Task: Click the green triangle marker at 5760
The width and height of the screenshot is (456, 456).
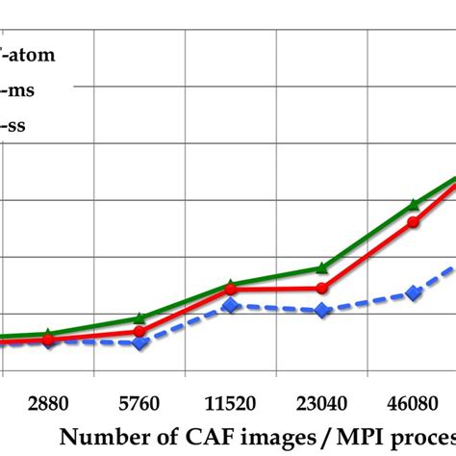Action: pyautogui.click(x=139, y=317)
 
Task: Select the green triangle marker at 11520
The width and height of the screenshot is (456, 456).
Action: pyautogui.click(x=231, y=285)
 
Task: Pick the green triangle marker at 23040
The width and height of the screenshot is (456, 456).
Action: pyautogui.click(x=322, y=267)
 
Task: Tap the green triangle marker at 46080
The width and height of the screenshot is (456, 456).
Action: pyautogui.click(x=414, y=204)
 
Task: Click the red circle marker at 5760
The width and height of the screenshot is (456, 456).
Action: pyautogui.click(x=139, y=332)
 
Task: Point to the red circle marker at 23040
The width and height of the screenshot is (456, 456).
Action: pyautogui.click(x=322, y=288)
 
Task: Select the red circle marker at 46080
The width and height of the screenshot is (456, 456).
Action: pyautogui.click(x=414, y=222)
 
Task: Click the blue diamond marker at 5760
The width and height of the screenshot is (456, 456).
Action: pyautogui.click(x=139, y=342)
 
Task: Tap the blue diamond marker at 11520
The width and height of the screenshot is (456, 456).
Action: pyautogui.click(x=231, y=305)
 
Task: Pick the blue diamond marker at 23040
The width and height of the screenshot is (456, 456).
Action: pyautogui.click(x=322, y=310)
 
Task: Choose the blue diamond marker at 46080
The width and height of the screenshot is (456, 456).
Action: pyautogui.click(x=414, y=292)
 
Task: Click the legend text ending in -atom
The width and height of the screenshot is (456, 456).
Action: pyautogui.click(x=29, y=55)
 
